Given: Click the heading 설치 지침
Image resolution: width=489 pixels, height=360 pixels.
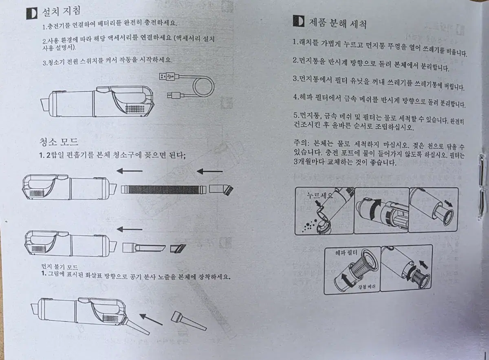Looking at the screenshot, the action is click(61, 11).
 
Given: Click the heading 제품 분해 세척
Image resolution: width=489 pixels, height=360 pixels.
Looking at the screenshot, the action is click(338, 23).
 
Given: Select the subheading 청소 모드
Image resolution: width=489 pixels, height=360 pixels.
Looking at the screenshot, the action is click(59, 142).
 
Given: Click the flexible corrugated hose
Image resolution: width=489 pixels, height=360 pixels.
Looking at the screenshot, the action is click(164, 189).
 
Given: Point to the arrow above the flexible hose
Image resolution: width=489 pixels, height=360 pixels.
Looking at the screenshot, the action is click(130, 171).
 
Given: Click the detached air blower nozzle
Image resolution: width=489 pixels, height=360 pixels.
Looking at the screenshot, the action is click(188, 321).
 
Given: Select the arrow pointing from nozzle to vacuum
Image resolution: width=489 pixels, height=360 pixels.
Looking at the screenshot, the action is click(151, 320).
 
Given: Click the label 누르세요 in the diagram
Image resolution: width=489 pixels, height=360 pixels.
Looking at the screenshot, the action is click(320, 195).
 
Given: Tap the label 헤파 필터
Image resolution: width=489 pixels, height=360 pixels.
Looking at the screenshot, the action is click(346, 253).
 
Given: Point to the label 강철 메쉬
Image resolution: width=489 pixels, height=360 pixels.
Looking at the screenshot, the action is click(366, 287).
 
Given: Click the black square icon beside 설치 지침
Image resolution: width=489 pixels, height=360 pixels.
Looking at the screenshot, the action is click(32, 13).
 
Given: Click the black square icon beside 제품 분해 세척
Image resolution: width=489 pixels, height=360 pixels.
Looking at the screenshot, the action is click(298, 21).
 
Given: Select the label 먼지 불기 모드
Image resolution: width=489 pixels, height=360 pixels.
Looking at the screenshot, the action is click(59, 267).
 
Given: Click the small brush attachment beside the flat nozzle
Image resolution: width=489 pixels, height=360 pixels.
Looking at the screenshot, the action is click(178, 248).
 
